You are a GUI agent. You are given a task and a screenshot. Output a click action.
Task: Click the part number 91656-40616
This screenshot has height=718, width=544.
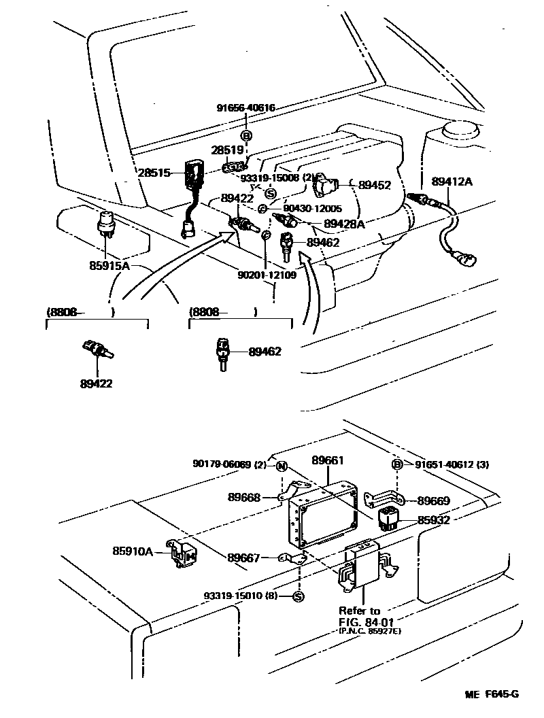click(x=246, y=107)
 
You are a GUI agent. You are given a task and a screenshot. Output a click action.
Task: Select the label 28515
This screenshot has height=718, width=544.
click(x=154, y=173)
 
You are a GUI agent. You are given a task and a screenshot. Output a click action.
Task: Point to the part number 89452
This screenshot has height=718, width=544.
click(x=374, y=184)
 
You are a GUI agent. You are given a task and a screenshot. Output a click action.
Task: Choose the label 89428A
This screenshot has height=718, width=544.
click(x=344, y=223)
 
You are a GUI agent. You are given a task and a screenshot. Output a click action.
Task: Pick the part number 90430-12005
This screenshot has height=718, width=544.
click(x=312, y=209)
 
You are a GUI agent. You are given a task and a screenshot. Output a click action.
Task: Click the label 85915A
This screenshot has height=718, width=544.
click(x=109, y=265)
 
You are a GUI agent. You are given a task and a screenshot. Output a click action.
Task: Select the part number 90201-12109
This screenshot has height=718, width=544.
click(x=267, y=276)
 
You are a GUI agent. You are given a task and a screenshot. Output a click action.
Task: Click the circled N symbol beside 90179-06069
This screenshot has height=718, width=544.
click(x=280, y=465)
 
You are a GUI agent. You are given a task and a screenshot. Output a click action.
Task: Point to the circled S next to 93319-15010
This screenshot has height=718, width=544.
click(x=297, y=596)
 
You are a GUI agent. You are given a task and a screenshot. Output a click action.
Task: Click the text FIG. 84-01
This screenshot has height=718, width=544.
click(x=366, y=621)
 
